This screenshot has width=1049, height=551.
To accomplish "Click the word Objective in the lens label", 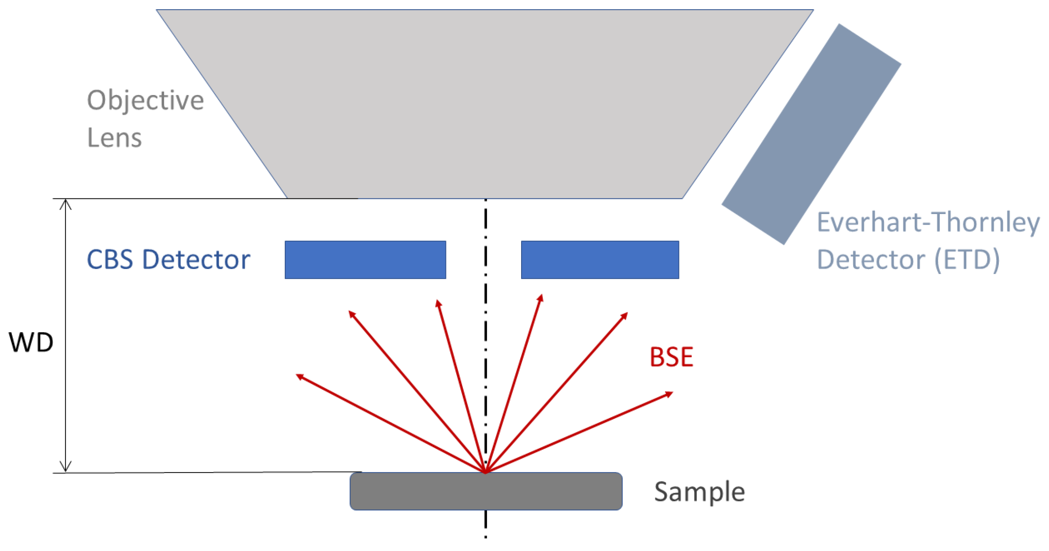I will coord(145,101).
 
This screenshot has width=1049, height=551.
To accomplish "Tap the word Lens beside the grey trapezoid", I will coord(114,138).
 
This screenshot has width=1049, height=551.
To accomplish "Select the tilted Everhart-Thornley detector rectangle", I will coord(811,134).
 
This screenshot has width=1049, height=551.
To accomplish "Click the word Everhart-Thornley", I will coord(928,223).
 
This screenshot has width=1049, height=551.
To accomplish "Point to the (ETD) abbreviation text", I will coord(967,259).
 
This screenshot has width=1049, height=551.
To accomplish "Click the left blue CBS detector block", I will coord(365,260).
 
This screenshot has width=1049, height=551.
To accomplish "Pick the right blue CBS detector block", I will coord(600,260).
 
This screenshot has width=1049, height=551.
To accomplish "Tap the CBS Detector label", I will coord(168,259).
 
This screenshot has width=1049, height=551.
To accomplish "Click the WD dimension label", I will coord(31,342).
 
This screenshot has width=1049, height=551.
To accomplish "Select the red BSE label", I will coord(671,357).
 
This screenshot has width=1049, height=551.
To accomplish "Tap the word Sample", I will coord(699,492).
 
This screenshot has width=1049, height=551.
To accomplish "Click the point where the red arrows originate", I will coord(485,472).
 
